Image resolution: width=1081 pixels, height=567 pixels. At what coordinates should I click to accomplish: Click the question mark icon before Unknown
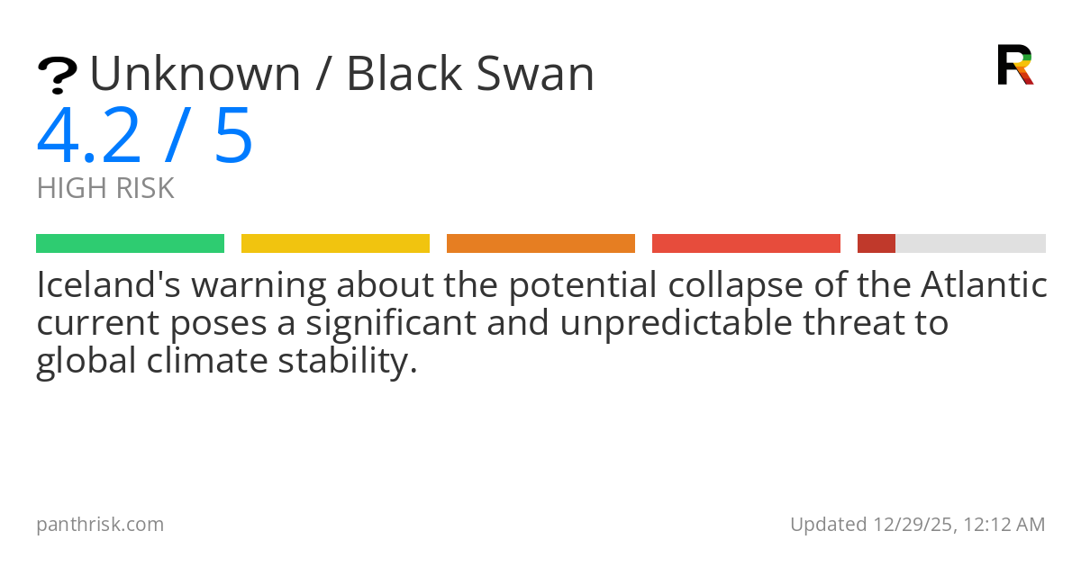[x=57, y=76]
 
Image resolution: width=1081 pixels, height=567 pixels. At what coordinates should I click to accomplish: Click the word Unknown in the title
[x=195, y=75]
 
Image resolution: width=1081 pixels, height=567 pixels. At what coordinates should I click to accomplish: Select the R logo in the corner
[x=1014, y=65]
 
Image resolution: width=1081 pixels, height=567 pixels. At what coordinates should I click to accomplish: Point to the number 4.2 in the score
[x=89, y=136]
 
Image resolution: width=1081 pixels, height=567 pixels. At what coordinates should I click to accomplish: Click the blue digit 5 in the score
[x=233, y=136]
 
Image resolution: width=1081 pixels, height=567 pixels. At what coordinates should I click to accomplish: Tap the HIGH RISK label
[x=105, y=189]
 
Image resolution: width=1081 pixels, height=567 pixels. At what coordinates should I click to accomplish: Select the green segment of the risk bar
[x=130, y=244]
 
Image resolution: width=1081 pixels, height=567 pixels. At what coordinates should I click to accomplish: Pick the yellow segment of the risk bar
[x=335, y=244]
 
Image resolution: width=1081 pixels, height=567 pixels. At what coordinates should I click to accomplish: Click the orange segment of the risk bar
[x=540, y=244]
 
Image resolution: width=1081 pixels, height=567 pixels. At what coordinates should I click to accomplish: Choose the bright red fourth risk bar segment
[x=746, y=244]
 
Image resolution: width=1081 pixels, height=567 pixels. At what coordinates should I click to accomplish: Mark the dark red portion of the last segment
[x=876, y=244]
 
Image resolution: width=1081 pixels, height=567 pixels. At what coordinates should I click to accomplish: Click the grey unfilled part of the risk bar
[x=970, y=244]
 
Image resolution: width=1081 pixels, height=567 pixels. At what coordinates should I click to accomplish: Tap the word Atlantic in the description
[x=984, y=286]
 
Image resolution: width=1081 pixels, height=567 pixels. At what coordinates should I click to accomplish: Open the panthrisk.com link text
[x=100, y=524]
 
